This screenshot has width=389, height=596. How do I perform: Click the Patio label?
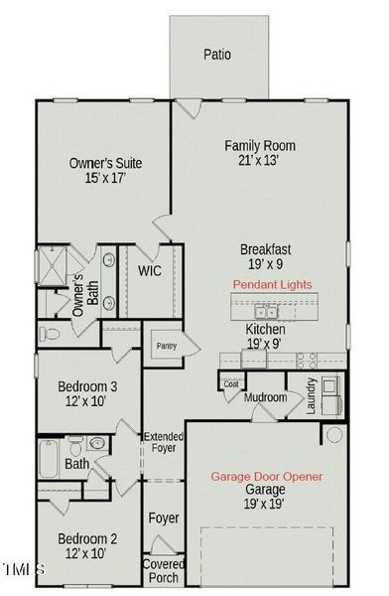(x=217, y=55)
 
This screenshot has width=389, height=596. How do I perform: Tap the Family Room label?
(x=259, y=146)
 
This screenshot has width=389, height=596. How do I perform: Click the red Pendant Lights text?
(x=272, y=284)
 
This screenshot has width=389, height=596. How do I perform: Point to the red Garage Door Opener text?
(x=266, y=477)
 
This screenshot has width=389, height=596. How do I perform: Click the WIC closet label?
(x=150, y=270)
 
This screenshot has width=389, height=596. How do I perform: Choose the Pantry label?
(x=164, y=346)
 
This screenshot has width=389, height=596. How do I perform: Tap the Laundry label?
(x=311, y=397)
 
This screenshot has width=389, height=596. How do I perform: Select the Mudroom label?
(x=265, y=397)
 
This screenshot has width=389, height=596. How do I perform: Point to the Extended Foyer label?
(x=164, y=444)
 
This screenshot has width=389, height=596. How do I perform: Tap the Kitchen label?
(x=265, y=329)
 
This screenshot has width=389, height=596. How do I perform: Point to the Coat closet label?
(x=231, y=383)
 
